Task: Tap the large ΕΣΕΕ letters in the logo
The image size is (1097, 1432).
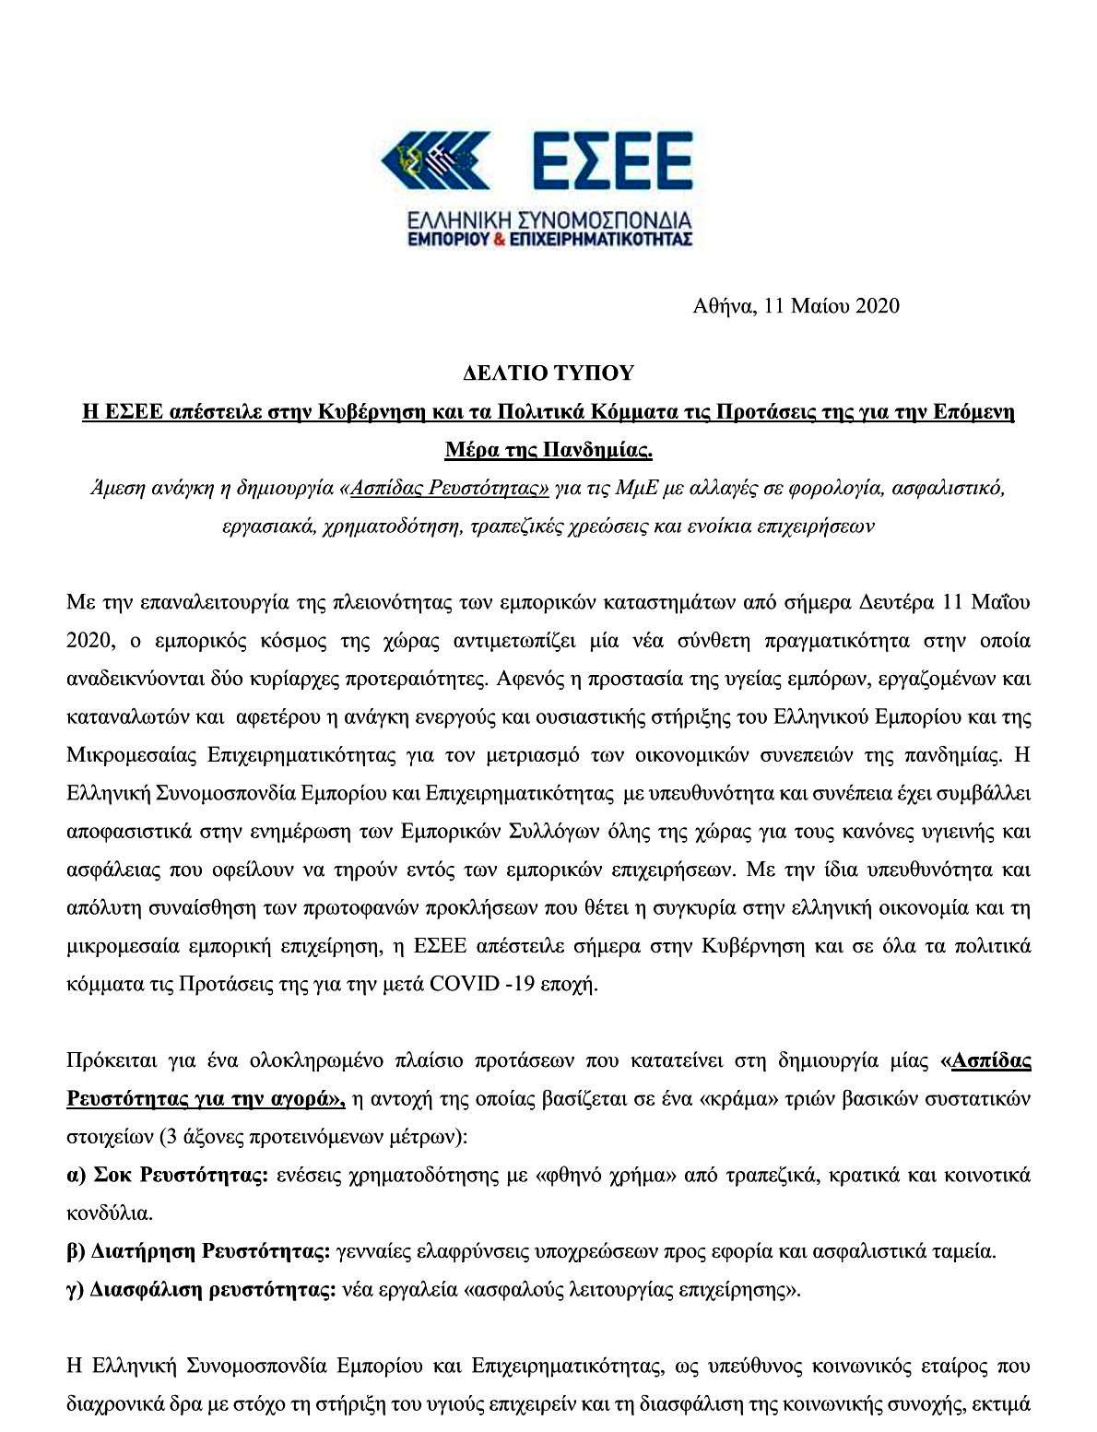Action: pos(597,158)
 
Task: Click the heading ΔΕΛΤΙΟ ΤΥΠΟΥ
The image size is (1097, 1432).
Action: pos(548,373)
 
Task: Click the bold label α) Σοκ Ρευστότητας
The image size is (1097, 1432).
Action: pos(167,1176)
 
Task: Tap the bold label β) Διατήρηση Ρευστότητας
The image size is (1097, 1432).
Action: pos(199,1252)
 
